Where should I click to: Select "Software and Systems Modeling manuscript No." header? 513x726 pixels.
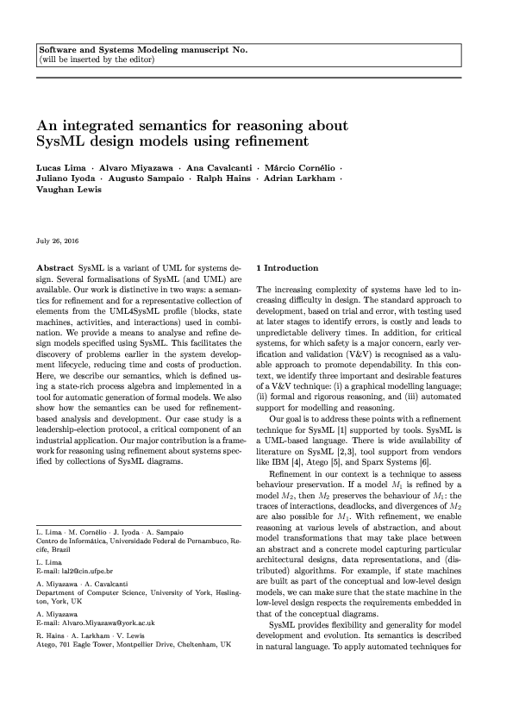pos(143,50)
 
